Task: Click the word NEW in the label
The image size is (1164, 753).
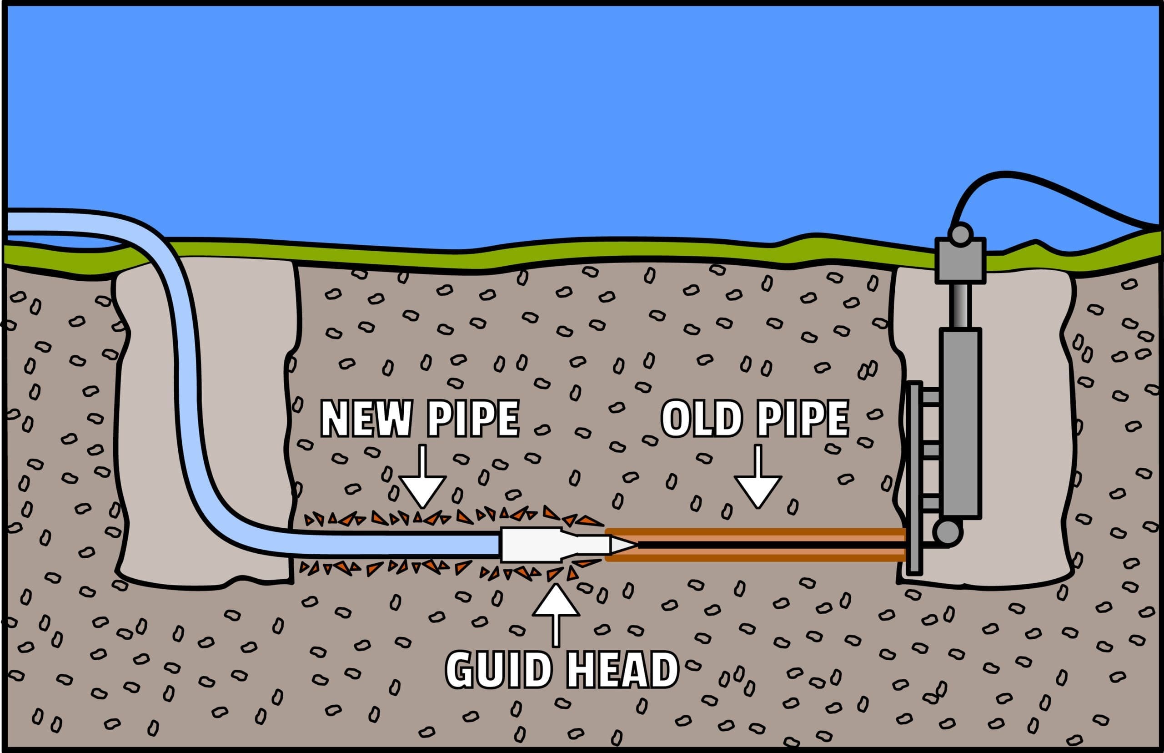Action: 366,419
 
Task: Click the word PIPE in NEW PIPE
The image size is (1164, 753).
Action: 472,419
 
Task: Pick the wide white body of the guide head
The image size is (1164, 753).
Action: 530,544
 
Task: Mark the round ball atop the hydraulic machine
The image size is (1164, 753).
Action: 960,234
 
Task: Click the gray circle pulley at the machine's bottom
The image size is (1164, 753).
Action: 947,532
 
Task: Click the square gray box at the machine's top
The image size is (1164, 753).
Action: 960,260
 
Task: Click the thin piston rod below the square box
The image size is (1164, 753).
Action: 960,306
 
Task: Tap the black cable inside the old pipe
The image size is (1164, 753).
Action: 772,544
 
